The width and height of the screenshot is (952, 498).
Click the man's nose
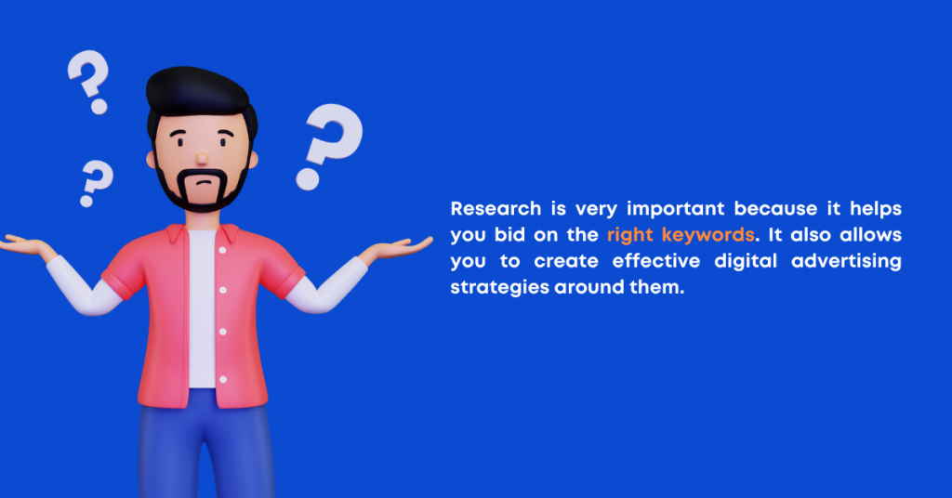[x=202, y=158]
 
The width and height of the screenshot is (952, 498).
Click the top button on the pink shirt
[x=223, y=250]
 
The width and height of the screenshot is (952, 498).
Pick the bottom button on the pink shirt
[x=223, y=379]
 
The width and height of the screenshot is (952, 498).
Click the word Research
[x=496, y=209]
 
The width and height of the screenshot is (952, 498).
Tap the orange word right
[x=630, y=235]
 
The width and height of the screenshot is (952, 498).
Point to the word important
[x=676, y=209]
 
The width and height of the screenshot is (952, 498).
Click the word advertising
[x=846, y=261]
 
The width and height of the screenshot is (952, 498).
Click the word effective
[x=656, y=261]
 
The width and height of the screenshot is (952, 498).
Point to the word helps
[x=876, y=209]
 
